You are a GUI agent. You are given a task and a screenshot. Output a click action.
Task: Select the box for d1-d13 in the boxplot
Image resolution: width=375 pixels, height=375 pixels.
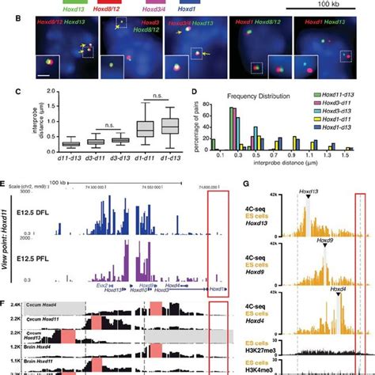170,126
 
